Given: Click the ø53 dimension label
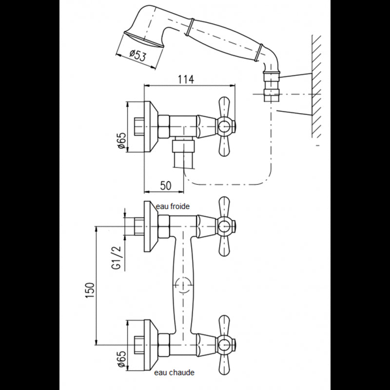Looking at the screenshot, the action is [137, 56].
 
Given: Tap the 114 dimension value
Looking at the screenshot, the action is [186, 79].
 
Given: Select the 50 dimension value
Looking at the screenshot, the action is [166, 186].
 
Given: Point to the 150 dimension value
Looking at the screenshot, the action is [90, 291].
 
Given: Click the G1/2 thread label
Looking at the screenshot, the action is [117, 258].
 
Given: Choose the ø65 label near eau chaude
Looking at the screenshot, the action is [122, 359].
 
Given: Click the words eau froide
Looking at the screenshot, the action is [173, 206].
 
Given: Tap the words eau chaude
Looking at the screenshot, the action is [175, 372].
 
